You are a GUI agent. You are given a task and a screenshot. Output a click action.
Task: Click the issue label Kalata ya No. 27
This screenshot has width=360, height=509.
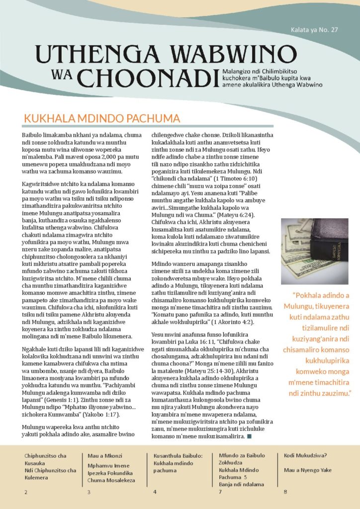tap(314, 30)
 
